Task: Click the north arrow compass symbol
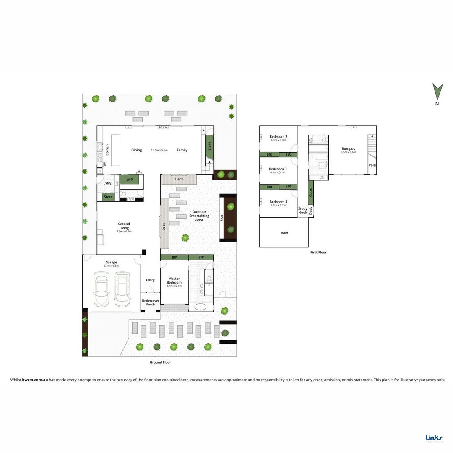tap(437, 92)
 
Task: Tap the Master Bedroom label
tap(174, 280)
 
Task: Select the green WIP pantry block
tap(129, 180)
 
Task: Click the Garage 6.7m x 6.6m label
tap(111, 264)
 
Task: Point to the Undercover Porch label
tap(150, 302)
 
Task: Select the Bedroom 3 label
tap(278, 169)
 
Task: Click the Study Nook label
tap(302, 211)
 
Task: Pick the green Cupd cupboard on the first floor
tap(311, 192)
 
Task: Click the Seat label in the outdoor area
tap(222, 218)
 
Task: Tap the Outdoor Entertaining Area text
tap(199, 216)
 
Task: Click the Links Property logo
tap(435, 438)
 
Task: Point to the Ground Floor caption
tap(160, 362)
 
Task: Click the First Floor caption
tap(318, 252)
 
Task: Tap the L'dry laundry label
tap(107, 183)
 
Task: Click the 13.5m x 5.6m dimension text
tap(159, 150)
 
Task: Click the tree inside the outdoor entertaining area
tap(185, 238)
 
